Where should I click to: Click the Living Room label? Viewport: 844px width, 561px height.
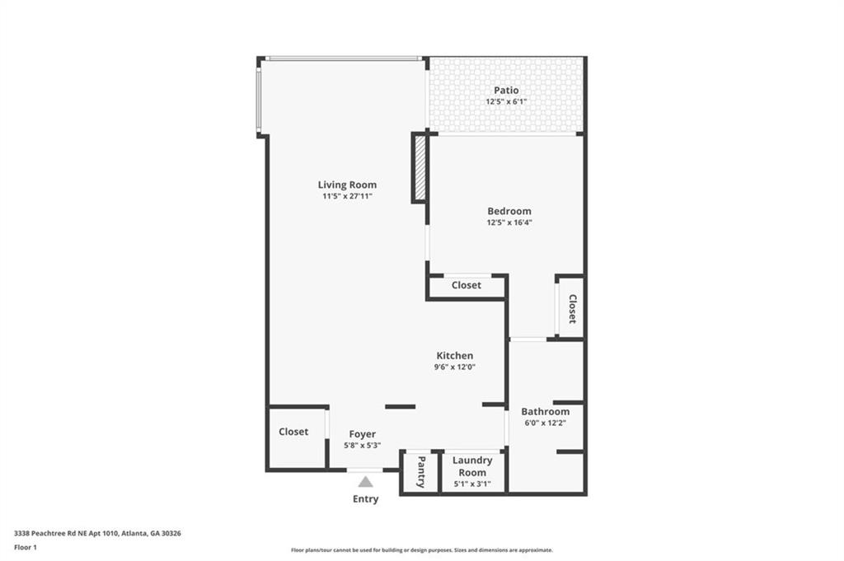pyautogui.click(x=347, y=185)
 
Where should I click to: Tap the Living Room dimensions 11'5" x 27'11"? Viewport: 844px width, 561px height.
pyautogui.click(x=347, y=196)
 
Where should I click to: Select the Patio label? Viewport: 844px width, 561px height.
pyautogui.click(x=507, y=91)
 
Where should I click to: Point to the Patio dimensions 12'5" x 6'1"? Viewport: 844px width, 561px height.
pyautogui.click(x=507, y=101)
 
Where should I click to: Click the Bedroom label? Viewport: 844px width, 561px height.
pyautogui.click(x=509, y=212)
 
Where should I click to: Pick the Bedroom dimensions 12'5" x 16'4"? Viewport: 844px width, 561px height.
pyautogui.click(x=509, y=222)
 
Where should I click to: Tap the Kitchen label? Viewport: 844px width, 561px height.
pyautogui.click(x=455, y=356)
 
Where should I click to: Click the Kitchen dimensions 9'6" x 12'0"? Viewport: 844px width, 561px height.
pyautogui.click(x=455, y=367)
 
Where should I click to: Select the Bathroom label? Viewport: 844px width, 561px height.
pyautogui.click(x=546, y=411)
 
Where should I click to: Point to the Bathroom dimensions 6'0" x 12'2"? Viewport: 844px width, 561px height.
pyautogui.click(x=546, y=423)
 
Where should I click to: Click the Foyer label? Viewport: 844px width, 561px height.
pyautogui.click(x=363, y=434)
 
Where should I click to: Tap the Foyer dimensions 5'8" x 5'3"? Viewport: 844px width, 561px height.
pyautogui.click(x=363, y=446)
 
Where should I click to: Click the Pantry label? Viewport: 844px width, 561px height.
pyautogui.click(x=421, y=472)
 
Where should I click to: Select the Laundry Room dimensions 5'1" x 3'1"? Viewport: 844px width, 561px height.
pyautogui.click(x=472, y=484)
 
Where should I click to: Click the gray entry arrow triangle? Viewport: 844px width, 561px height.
pyautogui.click(x=365, y=481)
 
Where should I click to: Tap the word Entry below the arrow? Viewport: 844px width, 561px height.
pyautogui.click(x=365, y=499)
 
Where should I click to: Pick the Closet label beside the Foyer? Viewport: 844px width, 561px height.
pyautogui.click(x=293, y=432)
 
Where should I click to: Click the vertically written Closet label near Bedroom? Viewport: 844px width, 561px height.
pyautogui.click(x=572, y=309)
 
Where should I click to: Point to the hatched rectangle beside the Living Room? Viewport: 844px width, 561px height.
pyautogui.click(x=420, y=168)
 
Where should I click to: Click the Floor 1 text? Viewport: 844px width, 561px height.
pyautogui.click(x=26, y=548)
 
